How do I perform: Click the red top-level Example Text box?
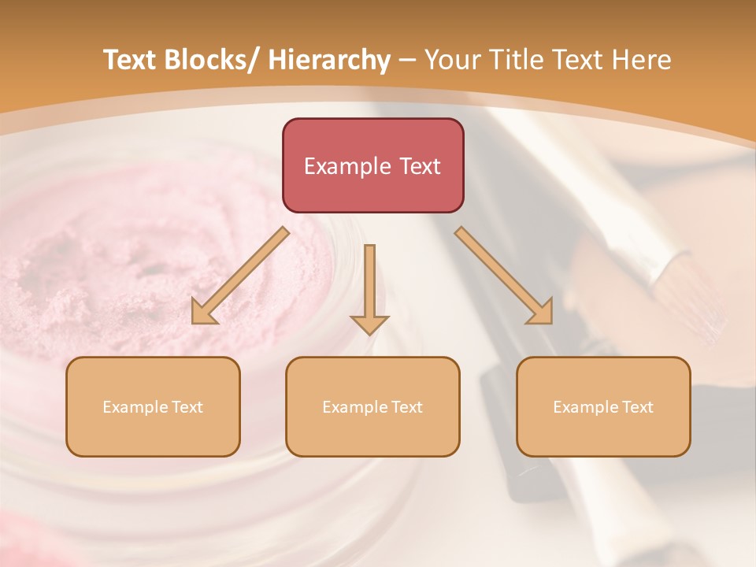pyautogui.click(x=372, y=165)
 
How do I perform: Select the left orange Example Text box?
pyautogui.click(x=153, y=406)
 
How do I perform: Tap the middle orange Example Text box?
pyautogui.click(x=372, y=406)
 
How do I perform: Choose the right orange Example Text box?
pyautogui.click(x=603, y=406)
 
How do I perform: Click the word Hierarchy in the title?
pyautogui.click(x=329, y=60)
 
